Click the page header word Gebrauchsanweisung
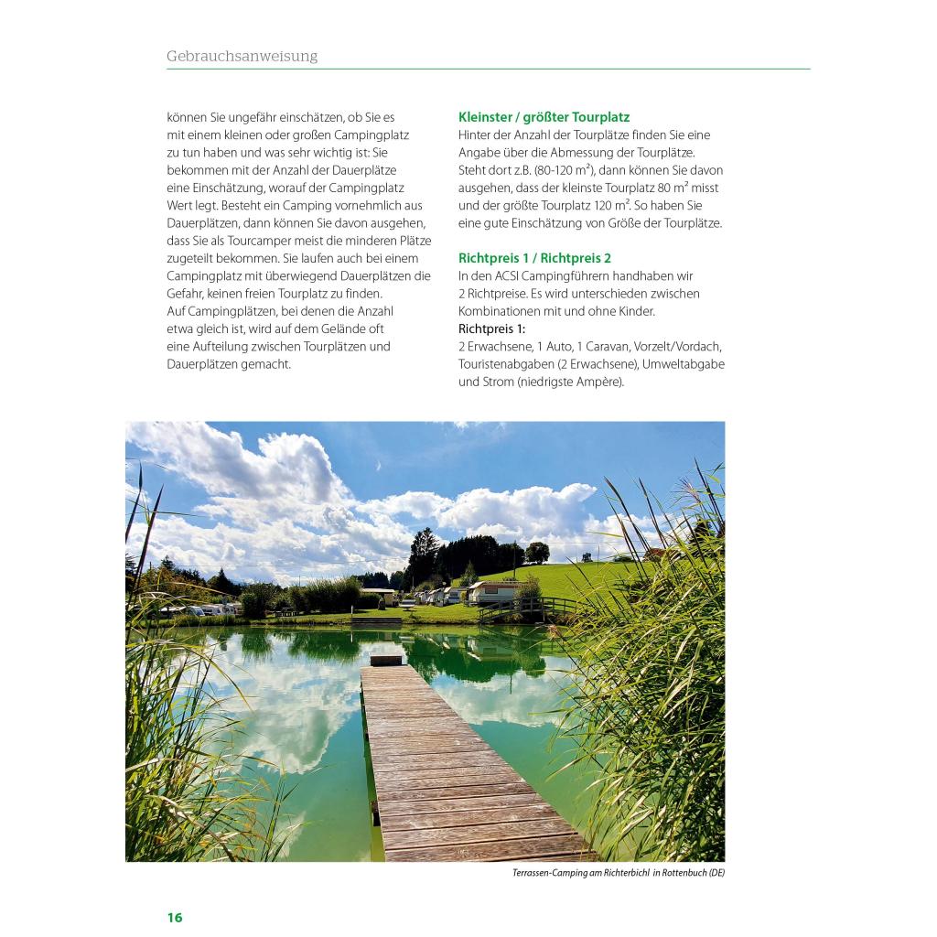(x=242, y=57)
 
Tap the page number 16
(x=175, y=918)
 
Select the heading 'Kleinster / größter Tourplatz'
(x=544, y=117)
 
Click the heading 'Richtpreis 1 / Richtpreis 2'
(x=534, y=258)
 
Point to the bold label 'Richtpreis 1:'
(x=491, y=328)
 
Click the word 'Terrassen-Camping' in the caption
(x=555, y=873)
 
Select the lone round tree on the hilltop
(x=537, y=552)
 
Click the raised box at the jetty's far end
(x=385, y=659)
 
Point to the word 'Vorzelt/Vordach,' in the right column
(x=676, y=346)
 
